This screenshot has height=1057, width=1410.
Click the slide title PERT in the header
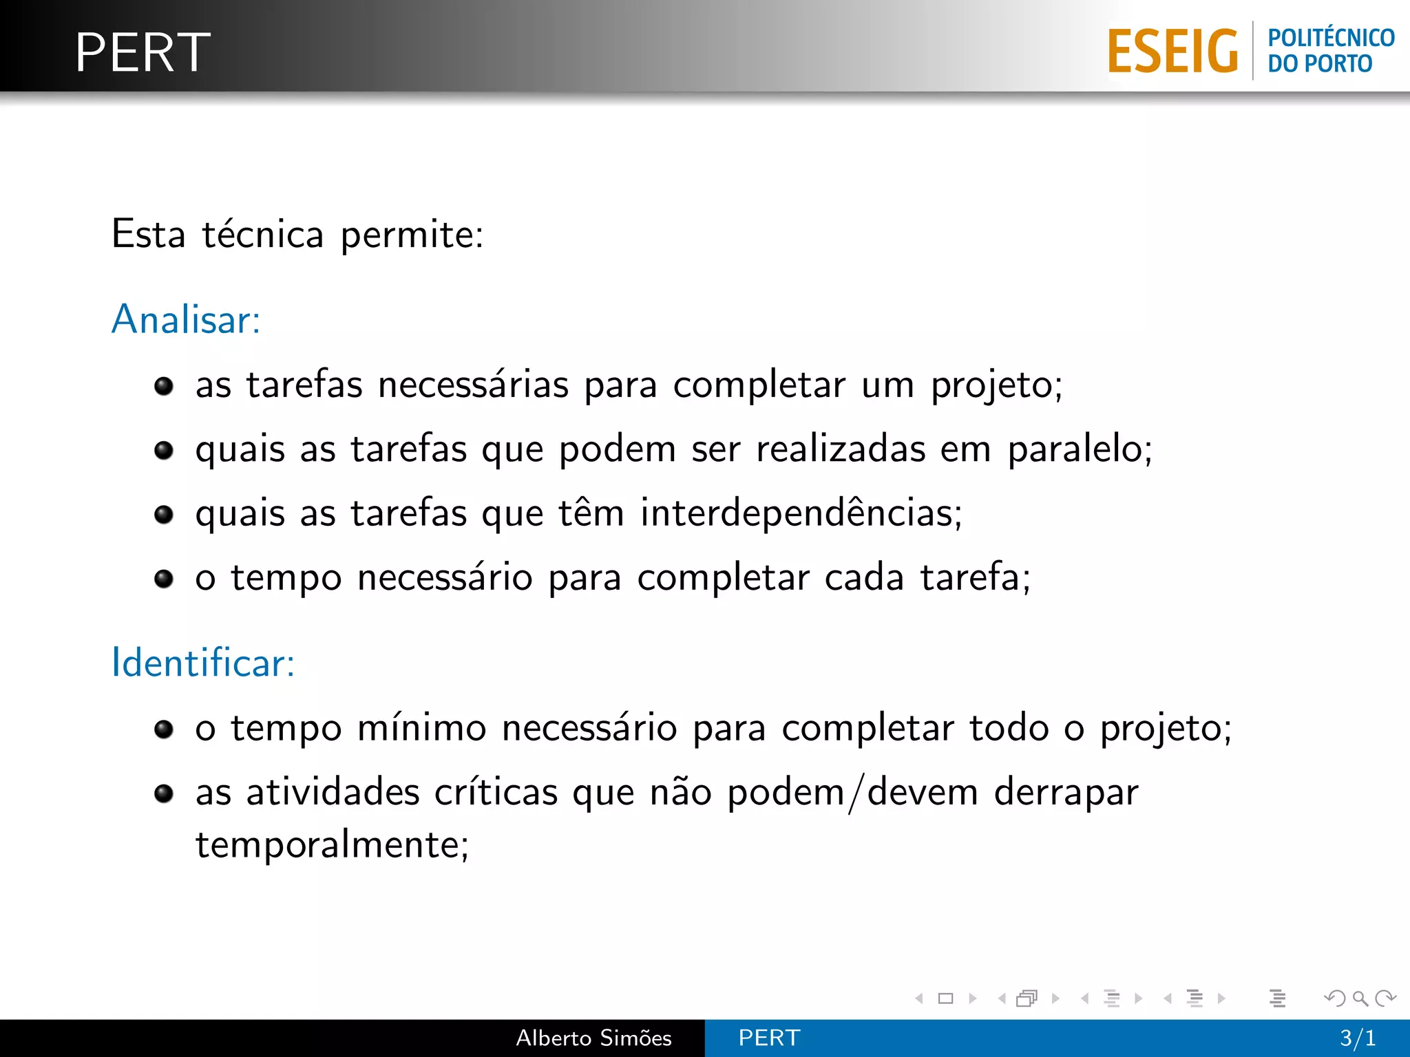pyautogui.click(x=143, y=52)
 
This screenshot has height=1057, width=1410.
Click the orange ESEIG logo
pyautogui.click(x=1172, y=51)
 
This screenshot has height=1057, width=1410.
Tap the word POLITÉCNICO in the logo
pyautogui.click(x=1331, y=37)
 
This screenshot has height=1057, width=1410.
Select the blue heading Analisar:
pyautogui.click(x=186, y=319)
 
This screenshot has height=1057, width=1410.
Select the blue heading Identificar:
pyautogui.click(x=203, y=663)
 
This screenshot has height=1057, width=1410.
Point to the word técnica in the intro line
pyautogui.click(x=262, y=235)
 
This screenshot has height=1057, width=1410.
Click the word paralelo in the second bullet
pyautogui.click(x=1079, y=450)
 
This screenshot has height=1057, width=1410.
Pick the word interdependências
pyautogui.click(x=800, y=513)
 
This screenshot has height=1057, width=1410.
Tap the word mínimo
pyautogui.click(x=421, y=728)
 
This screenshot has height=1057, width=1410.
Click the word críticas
pyautogui.click(x=496, y=792)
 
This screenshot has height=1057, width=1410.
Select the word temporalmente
pyautogui.click(x=331, y=844)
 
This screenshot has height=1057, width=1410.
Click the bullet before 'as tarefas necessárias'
pyautogui.click(x=164, y=386)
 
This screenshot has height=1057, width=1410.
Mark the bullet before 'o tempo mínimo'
pyautogui.click(x=164, y=729)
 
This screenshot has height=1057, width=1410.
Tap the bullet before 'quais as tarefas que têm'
pyautogui.click(x=164, y=514)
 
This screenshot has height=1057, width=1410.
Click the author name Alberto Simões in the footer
pyautogui.click(x=593, y=1038)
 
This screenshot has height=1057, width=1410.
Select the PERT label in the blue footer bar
pyautogui.click(x=769, y=1038)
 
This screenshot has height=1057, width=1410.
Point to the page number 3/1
pyautogui.click(x=1358, y=1038)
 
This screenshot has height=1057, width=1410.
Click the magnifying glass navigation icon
pyautogui.click(x=1360, y=998)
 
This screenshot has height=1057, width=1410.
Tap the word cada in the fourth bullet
pyautogui.click(x=864, y=578)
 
